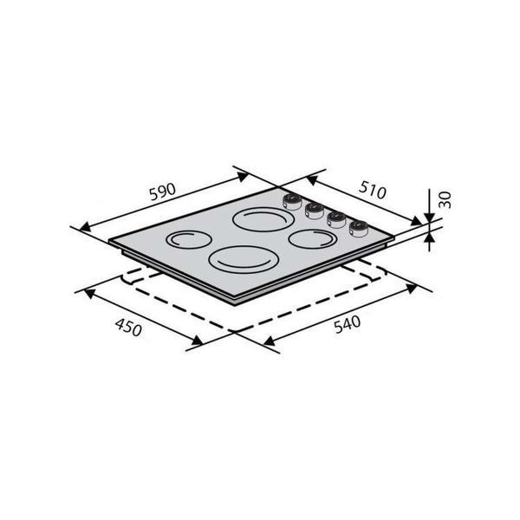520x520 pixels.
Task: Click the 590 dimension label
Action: click(162, 192)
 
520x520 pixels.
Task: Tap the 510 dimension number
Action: click(373, 190)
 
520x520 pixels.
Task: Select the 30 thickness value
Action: click(445, 199)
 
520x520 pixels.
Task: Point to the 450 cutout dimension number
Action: click(128, 328)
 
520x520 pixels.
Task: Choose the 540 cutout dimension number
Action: click(347, 324)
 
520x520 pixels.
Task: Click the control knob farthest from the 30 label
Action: click(292, 202)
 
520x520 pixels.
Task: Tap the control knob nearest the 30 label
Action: click(358, 229)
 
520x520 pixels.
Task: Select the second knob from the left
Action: click(314, 211)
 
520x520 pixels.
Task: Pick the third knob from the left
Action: click(336, 219)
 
